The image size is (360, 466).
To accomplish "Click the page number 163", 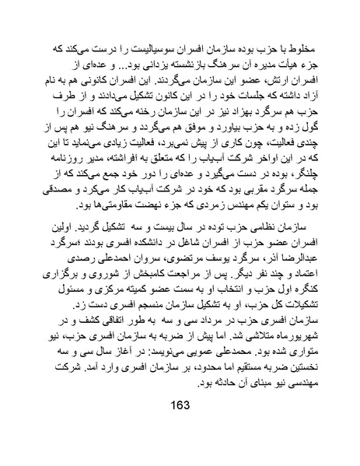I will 180,426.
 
